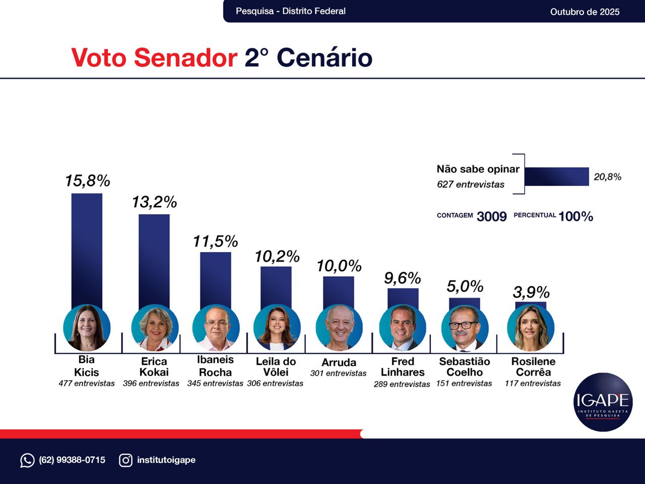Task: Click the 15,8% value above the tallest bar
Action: (87, 180)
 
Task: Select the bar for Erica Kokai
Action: (154, 260)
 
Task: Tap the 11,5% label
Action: (215, 241)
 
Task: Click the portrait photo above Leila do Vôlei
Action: (277, 328)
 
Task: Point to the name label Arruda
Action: (339, 362)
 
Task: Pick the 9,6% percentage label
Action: (402, 278)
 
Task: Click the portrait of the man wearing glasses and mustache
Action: (465, 328)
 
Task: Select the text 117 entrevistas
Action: (533, 384)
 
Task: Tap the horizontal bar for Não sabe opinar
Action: (556, 176)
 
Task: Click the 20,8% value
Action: (607, 177)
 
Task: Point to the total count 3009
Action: (491, 216)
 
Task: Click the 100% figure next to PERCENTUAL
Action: (575, 216)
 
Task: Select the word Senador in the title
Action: (185, 57)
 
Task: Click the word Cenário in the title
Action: (324, 57)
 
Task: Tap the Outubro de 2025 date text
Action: (585, 12)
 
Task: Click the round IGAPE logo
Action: (603, 402)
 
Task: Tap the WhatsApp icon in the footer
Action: (27, 460)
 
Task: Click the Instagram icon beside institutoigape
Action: (126, 460)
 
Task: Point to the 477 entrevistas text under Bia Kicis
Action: (87, 384)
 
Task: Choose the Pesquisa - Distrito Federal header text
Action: (290, 11)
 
